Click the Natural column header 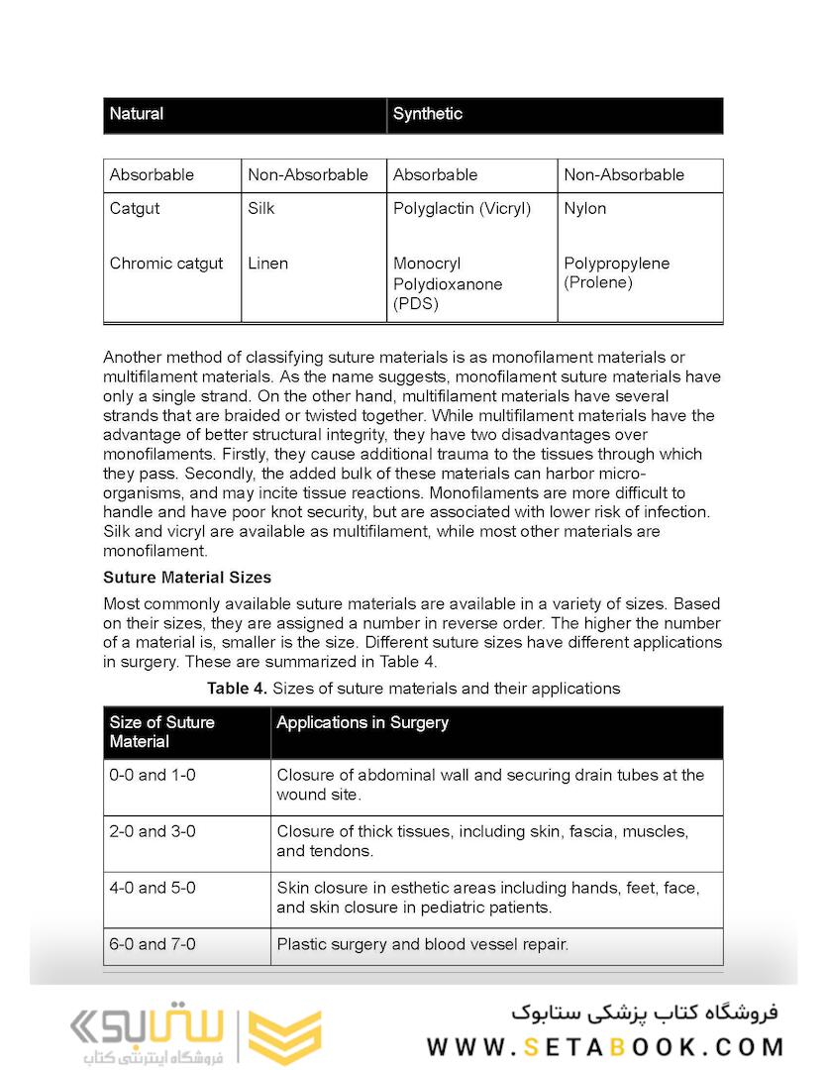[x=137, y=114]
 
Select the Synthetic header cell [x=427, y=114]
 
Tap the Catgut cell [x=135, y=208]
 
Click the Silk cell [x=261, y=208]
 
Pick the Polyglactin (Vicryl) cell [x=462, y=208]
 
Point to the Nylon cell [x=584, y=208]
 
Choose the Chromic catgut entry [x=166, y=264]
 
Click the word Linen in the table [x=267, y=264]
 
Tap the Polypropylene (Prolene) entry [x=616, y=272]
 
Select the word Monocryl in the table [x=427, y=264]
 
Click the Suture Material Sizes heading [x=187, y=577]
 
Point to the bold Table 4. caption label [x=237, y=688]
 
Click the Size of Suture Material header [x=161, y=731]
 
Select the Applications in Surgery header [x=362, y=722]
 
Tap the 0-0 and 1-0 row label [x=153, y=775]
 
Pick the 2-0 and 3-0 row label [x=153, y=831]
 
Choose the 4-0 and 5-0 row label [x=153, y=888]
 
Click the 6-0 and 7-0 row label [x=153, y=944]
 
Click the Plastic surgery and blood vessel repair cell [x=423, y=944]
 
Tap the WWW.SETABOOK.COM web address [x=605, y=1046]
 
